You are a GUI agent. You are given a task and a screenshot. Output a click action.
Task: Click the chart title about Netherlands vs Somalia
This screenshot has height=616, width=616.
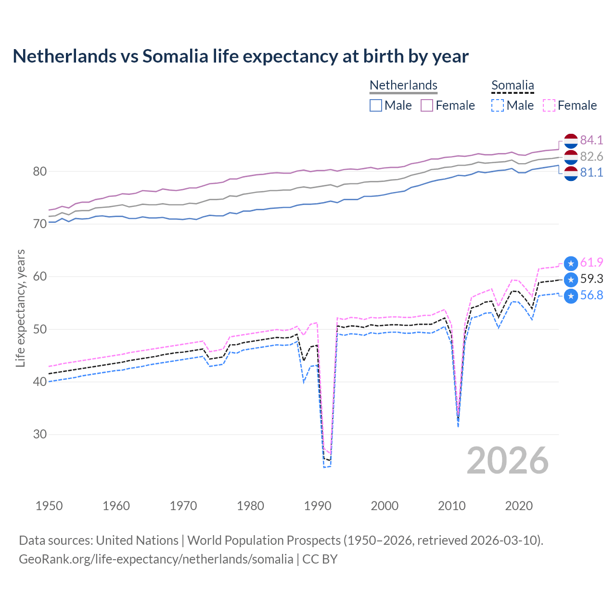pos(240,56)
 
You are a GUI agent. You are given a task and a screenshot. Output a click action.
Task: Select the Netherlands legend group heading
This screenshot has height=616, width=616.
pos(403,85)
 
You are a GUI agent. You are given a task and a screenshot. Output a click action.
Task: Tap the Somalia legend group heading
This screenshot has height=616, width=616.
pos(513,85)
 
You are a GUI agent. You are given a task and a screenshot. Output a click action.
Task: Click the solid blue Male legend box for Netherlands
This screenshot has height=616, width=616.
pos(376,105)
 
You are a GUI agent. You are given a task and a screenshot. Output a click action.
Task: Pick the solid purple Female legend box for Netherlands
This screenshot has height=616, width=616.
pos(427,105)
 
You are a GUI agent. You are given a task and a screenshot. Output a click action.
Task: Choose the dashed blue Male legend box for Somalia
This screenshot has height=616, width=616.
pos(498,105)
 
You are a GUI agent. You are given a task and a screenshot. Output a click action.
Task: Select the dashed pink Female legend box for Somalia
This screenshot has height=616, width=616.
pos(549,105)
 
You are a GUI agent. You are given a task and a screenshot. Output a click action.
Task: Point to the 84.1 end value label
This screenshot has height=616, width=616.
pos(591,140)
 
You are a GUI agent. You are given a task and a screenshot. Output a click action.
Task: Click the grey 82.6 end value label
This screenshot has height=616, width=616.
pos(591,156)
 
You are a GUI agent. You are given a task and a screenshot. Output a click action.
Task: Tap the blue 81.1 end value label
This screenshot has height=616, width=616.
pos(591,172)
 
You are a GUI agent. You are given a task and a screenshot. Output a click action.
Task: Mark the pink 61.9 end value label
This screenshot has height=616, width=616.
pos(591,262)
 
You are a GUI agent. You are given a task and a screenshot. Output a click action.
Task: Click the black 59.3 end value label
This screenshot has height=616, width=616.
pos(591,279)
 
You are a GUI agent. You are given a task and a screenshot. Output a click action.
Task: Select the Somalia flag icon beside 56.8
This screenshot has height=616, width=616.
pos(571,296)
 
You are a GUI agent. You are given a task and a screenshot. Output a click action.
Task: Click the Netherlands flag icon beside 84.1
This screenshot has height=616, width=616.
pos(571,141)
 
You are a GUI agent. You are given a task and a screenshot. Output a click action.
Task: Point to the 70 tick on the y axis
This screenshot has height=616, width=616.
pos(40,224)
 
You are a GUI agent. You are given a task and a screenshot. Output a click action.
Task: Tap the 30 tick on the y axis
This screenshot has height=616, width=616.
pos(40,434)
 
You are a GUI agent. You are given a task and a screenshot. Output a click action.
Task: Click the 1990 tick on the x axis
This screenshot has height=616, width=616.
pos(318,506)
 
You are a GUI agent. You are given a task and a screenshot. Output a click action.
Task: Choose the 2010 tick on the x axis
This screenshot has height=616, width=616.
pos(451,506)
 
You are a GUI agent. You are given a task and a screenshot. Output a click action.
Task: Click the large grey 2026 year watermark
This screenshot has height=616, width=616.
pos(507,461)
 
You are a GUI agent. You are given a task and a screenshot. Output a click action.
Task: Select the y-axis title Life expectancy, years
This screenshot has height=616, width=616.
pos(21,308)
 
